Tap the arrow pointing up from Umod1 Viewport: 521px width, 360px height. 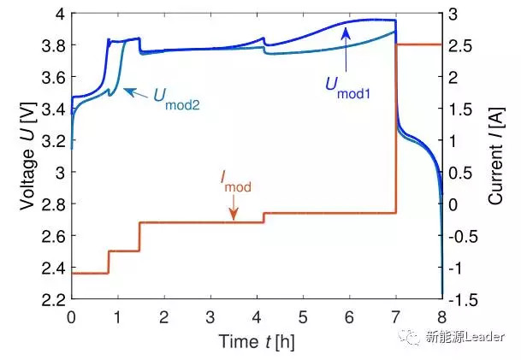(x=346, y=47)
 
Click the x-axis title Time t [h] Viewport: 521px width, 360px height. (x=256, y=341)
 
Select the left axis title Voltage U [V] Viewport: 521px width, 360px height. (x=26, y=156)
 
